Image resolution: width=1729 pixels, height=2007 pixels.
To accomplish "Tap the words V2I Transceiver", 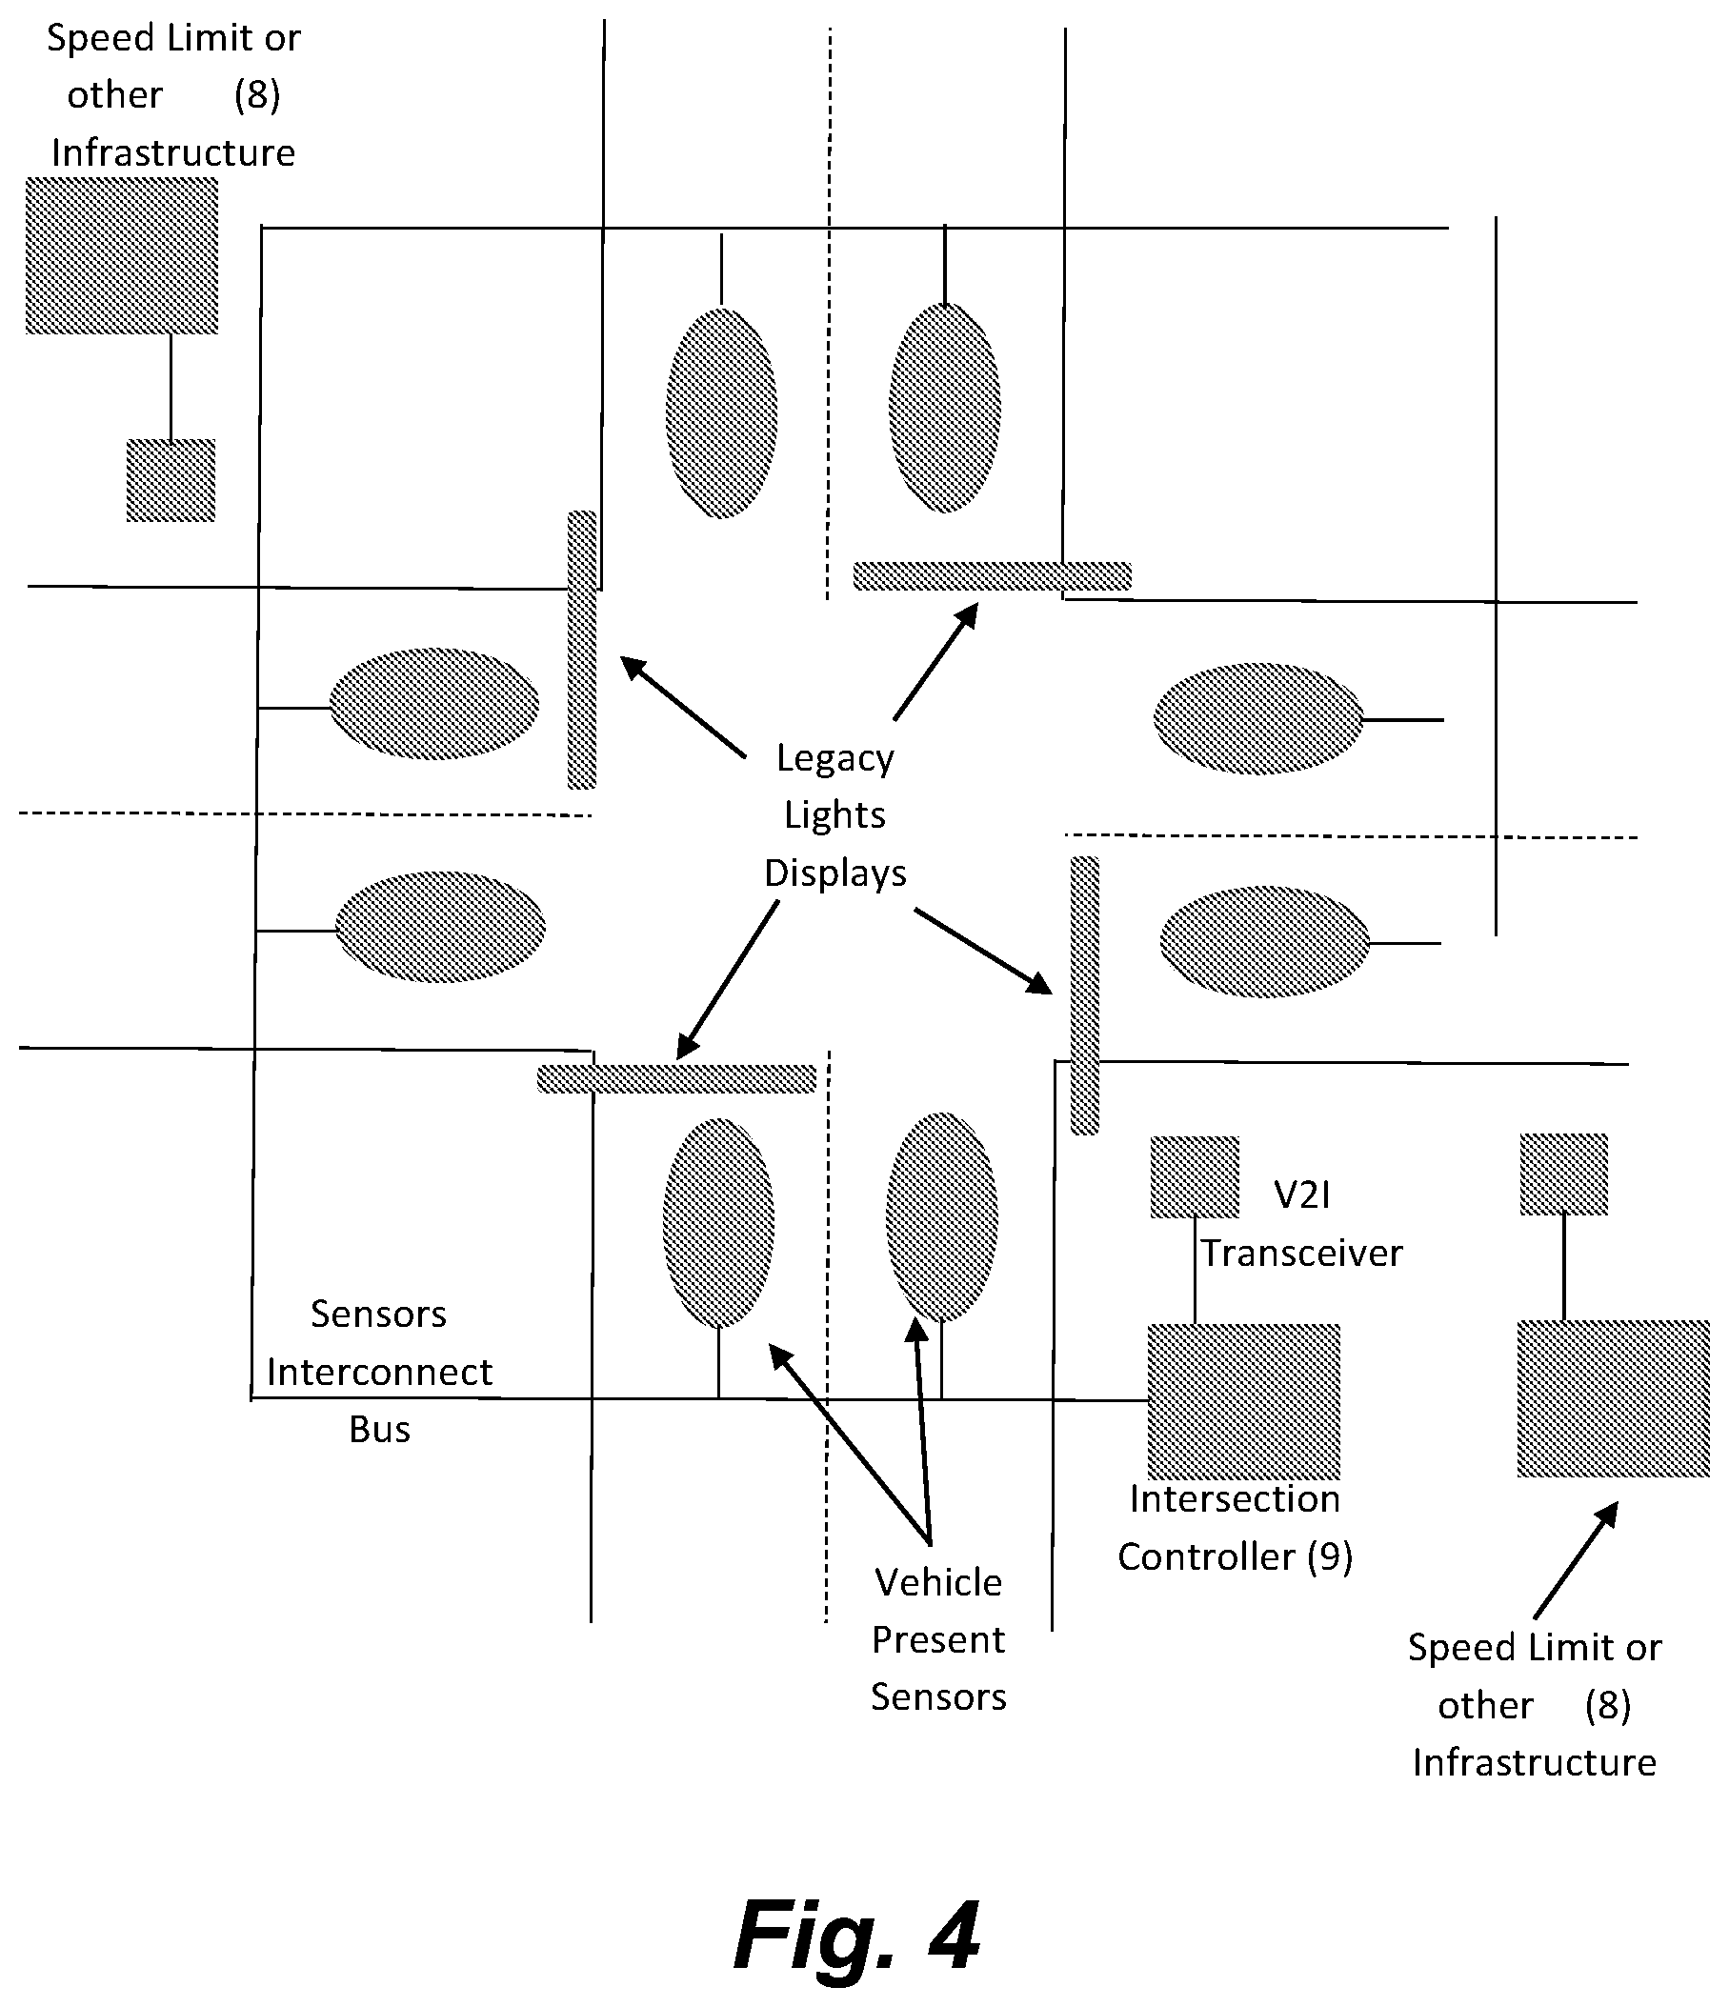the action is (1302, 1224).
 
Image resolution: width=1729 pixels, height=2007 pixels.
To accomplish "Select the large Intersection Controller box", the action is (1244, 1400).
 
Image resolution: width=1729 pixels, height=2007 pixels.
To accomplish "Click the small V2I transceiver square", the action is (1195, 1177).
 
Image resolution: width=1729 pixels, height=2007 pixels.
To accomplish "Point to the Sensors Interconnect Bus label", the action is (380, 1372).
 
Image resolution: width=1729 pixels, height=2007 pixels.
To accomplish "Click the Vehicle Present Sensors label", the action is (938, 1640).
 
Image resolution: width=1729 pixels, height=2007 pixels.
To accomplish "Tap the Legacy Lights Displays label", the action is (834, 815).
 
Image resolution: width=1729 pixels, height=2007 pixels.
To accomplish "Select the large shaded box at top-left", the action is (122, 255).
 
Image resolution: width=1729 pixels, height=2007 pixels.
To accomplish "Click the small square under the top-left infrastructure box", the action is (171, 480).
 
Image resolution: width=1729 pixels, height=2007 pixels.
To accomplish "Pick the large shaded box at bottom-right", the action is (1613, 1398).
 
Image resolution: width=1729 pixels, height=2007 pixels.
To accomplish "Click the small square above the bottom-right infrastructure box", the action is (1563, 1174).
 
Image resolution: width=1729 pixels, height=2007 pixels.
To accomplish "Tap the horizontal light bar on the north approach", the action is (992, 576).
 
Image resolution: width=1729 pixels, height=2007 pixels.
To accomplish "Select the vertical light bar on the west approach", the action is (581, 650).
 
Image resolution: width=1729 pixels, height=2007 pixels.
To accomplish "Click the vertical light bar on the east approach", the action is (1085, 995).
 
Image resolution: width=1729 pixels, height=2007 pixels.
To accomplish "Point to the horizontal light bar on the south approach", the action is (677, 1079).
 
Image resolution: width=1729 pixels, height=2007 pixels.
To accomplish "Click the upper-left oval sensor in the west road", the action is (434, 704).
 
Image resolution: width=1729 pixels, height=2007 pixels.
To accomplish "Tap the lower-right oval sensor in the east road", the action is (1265, 941).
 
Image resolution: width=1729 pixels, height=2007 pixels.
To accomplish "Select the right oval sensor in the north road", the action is (944, 408).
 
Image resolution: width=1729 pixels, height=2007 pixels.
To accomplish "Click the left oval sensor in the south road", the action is (718, 1223).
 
